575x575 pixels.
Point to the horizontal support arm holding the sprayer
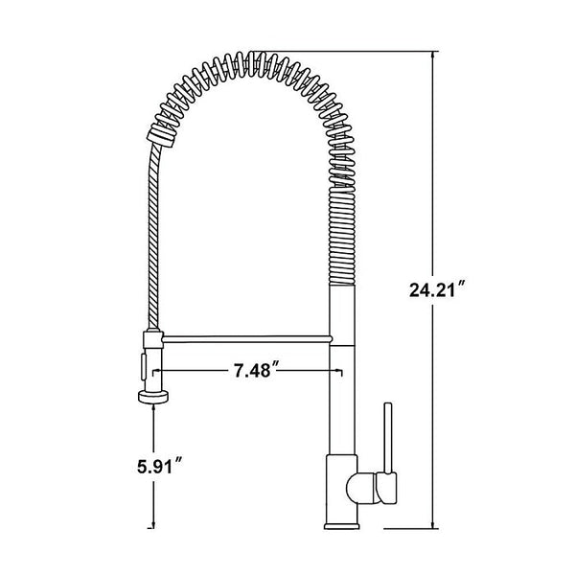point(245,337)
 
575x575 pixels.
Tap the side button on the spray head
point(144,365)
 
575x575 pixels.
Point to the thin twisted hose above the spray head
point(151,240)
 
